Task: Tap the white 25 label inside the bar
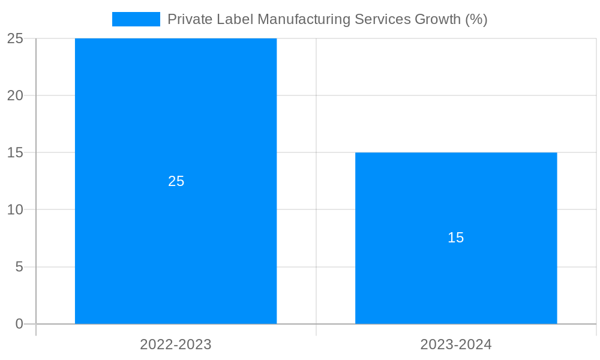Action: pyautogui.click(x=176, y=181)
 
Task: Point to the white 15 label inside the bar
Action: pyautogui.click(x=456, y=238)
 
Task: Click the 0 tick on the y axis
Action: pyautogui.click(x=19, y=324)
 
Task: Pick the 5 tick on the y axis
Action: pyautogui.click(x=19, y=267)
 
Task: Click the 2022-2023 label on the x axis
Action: pyautogui.click(x=176, y=344)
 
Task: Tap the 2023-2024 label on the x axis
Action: pyautogui.click(x=456, y=344)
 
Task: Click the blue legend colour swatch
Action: pyautogui.click(x=136, y=19)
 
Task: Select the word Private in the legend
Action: pyautogui.click(x=187, y=19)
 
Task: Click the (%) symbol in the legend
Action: pyautogui.click(x=476, y=19)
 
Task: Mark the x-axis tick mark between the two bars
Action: pyautogui.click(x=316, y=330)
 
